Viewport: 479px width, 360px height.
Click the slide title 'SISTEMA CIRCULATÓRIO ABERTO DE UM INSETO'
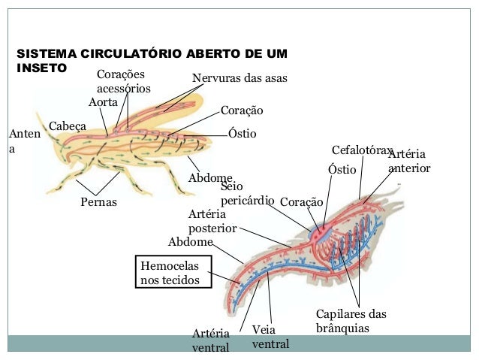pos(150,60)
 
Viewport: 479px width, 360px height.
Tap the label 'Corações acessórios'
pos(123,82)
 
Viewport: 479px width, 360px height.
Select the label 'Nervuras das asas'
pos(239,78)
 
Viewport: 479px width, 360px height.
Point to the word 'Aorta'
pos(103,101)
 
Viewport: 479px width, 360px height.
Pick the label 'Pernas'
pos(98,201)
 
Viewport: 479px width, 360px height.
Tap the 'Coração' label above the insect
pos(242,111)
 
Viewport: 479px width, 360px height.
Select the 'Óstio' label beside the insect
pos(242,134)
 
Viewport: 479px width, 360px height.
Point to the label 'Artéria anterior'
pos(409,161)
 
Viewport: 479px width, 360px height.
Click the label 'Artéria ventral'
pos(211,340)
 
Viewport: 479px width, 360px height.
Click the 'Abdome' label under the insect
pos(209,178)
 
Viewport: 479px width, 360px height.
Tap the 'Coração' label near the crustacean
pos(301,202)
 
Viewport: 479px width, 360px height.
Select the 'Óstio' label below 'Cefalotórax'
pos(342,170)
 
